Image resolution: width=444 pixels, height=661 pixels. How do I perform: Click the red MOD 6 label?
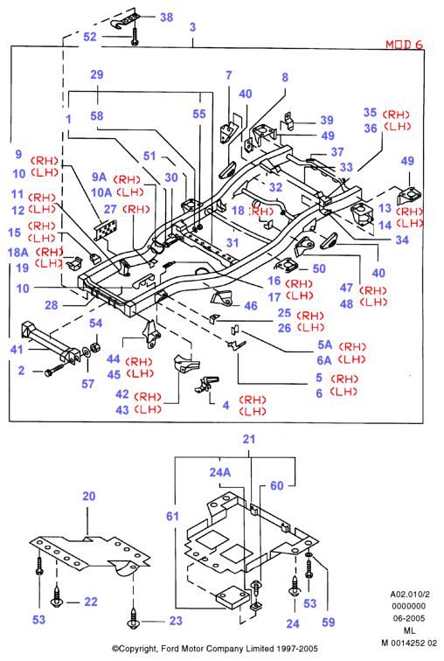[x=404, y=45]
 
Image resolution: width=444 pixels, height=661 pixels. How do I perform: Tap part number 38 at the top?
[x=166, y=17]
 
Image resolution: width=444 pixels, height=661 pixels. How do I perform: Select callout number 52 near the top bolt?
[x=90, y=37]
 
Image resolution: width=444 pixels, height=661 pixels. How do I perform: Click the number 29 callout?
[x=96, y=74]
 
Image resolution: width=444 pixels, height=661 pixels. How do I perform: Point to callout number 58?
[x=96, y=116]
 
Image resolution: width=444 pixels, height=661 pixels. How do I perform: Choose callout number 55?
[x=199, y=114]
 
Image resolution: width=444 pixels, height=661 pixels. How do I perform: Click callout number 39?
[x=327, y=120]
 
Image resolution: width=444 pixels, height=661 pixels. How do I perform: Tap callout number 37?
[x=337, y=152]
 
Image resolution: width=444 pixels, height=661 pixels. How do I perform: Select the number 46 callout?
[x=251, y=306]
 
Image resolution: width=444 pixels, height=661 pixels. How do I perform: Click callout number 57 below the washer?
[x=87, y=384]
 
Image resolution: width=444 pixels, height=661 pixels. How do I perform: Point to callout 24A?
[x=220, y=472]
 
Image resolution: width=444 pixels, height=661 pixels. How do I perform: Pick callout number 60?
[x=277, y=485]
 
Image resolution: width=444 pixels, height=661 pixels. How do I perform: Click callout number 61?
[x=173, y=516]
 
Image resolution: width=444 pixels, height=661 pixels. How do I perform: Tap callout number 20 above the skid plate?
[x=89, y=496]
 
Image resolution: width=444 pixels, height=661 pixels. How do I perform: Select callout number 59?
[x=328, y=623]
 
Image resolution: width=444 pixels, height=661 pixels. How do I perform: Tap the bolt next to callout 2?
[x=55, y=371]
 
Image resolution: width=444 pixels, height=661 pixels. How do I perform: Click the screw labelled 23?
[x=134, y=618]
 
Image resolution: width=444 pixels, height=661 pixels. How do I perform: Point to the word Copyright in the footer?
[x=138, y=649]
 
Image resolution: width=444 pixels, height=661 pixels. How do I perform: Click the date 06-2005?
[x=409, y=618]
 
